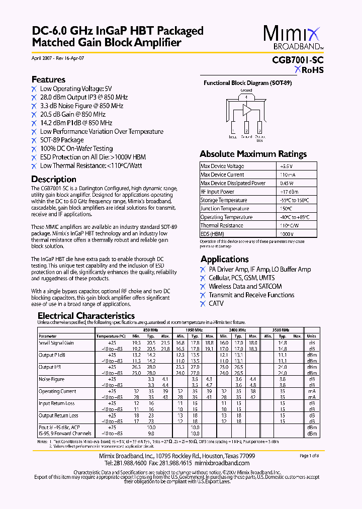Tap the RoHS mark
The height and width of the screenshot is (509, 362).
(309, 70)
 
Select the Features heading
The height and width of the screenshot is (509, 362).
(48, 79)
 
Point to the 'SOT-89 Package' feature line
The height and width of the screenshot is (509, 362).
(62, 140)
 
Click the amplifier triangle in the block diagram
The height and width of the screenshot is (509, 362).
(247, 109)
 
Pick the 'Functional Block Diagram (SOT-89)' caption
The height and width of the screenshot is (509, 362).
(247, 83)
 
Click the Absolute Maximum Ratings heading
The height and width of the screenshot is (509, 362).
(253, 154)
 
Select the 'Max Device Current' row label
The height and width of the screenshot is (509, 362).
(222, 175)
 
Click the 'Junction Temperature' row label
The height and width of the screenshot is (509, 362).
(225, 209)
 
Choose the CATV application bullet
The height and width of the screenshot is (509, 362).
(216, 303)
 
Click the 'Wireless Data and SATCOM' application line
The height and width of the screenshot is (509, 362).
(245, 286)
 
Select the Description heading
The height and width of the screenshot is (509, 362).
(54, 179)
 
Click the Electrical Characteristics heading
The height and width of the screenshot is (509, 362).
(86, 316)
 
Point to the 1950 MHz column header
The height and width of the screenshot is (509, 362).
(194, 330)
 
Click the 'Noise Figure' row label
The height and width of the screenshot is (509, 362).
(52, 379)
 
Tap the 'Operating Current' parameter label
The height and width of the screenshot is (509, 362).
(58, 391)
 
